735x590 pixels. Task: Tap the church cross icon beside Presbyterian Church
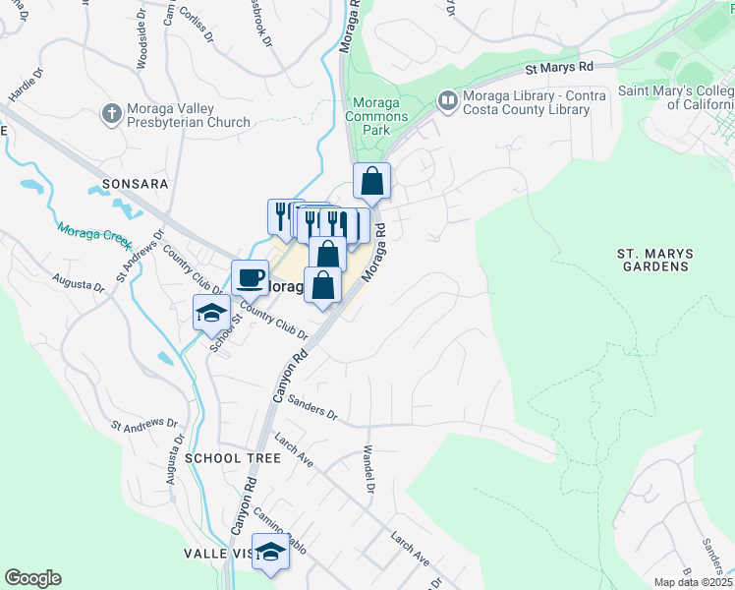click(x=110, y=115)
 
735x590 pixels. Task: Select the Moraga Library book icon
click(x=448, y=100)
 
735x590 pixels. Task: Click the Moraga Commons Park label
click(x=375, y=116)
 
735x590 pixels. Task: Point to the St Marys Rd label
click(x=559, y=68)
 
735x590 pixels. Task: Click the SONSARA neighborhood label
click(x=129, y=184)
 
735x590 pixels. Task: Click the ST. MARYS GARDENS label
click(x=654, y=260)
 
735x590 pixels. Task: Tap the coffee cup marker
click(x=250, y=277)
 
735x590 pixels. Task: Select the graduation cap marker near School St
click(x=211, y=313)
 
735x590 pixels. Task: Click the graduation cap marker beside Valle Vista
click(x=270, y=551)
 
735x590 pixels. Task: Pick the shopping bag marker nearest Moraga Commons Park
click(x=371, y=181)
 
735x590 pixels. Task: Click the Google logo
click(x=32, y=578)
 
